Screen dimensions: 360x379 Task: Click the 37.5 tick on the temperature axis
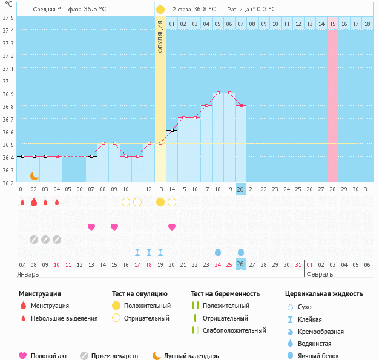click(x=8, y=18)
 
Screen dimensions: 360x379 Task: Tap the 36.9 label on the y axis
click(x=8, y=94)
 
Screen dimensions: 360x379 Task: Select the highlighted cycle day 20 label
click(x=240, y=189)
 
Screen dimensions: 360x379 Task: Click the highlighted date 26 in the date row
click(x=240, y=264)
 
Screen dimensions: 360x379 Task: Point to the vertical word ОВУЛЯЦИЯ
click(x=160, y=36)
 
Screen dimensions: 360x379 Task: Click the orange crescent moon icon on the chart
click(x=35, y=175)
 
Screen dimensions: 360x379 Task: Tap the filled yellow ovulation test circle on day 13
click(x=160, y=202)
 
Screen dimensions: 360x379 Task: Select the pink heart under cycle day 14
click(x=172, y=227)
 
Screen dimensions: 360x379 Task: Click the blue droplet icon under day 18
click(x=218, y=252)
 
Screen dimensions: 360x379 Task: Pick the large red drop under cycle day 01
click(x=22, y=202)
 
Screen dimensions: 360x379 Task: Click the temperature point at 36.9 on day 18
click(x=218, y=93)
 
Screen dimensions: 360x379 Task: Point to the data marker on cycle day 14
click(x=172, y=130)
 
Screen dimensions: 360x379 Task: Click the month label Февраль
click(x=320, y=274)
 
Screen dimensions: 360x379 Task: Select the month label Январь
click(x=28, y=274)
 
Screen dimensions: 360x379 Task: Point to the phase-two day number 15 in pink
click(x=333, y=24)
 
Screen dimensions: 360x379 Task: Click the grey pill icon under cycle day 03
click(x=45, y=240)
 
